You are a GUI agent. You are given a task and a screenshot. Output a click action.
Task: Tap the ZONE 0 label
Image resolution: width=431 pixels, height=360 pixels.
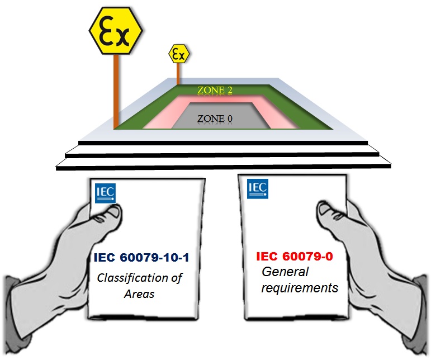[215, 118]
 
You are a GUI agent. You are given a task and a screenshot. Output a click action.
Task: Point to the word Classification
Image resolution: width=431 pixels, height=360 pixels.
[140, 278]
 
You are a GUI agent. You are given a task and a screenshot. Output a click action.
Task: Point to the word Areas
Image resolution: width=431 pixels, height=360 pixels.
[138, 293]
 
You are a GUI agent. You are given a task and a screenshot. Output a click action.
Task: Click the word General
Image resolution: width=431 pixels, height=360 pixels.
[285, 272]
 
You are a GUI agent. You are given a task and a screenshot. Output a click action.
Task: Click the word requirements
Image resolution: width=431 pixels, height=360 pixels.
[301, 288]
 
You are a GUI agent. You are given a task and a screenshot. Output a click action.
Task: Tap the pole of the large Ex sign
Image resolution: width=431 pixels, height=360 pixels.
[116, 89]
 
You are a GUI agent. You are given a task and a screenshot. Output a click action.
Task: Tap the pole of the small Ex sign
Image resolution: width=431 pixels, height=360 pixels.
[178, 73]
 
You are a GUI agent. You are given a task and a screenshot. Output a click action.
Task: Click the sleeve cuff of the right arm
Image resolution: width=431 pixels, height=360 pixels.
[416, 296]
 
